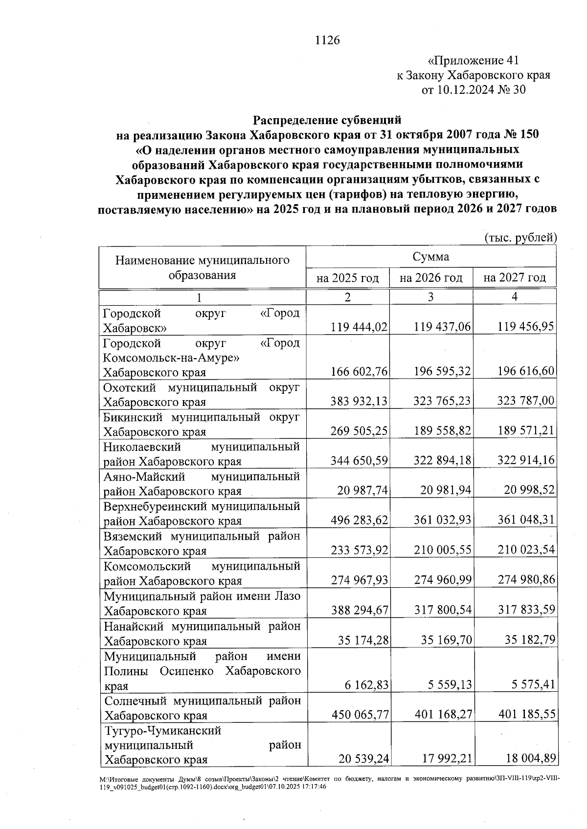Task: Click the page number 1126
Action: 327,40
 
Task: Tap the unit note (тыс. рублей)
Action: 520,238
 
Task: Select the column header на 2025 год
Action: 347,278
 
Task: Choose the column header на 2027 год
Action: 514,278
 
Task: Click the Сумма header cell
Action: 430,257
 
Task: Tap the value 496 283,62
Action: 359,521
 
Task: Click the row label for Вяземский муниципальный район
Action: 202,543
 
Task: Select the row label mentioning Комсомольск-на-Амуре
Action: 201,358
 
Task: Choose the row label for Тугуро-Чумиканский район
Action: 202,745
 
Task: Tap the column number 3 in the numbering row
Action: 430,297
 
